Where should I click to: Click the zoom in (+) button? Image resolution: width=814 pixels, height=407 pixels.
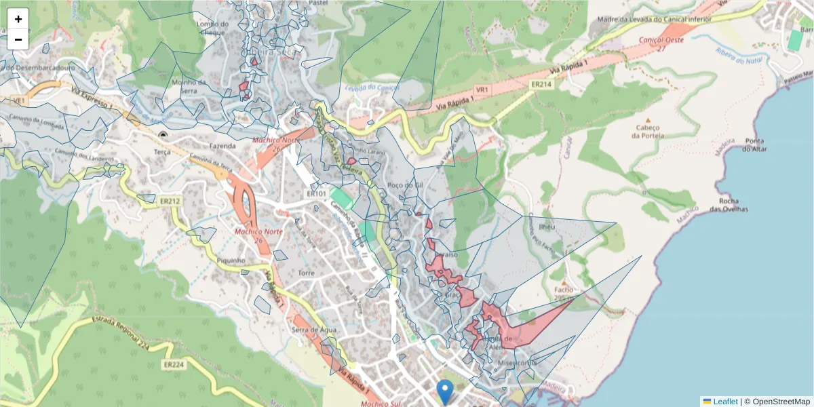(18, 19)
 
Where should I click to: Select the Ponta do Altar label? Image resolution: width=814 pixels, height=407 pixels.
(755, 145)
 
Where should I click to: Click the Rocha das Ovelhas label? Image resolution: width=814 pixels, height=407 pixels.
(729, 205)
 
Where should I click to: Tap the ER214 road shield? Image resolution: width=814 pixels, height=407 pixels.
(541, 84)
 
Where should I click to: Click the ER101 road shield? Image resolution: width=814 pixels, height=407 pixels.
(317, 194)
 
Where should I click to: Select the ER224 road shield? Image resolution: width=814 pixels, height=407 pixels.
(174, 364)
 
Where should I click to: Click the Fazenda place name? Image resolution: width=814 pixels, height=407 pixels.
(222, 146)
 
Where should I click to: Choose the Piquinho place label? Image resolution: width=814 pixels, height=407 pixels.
(231, 260)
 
